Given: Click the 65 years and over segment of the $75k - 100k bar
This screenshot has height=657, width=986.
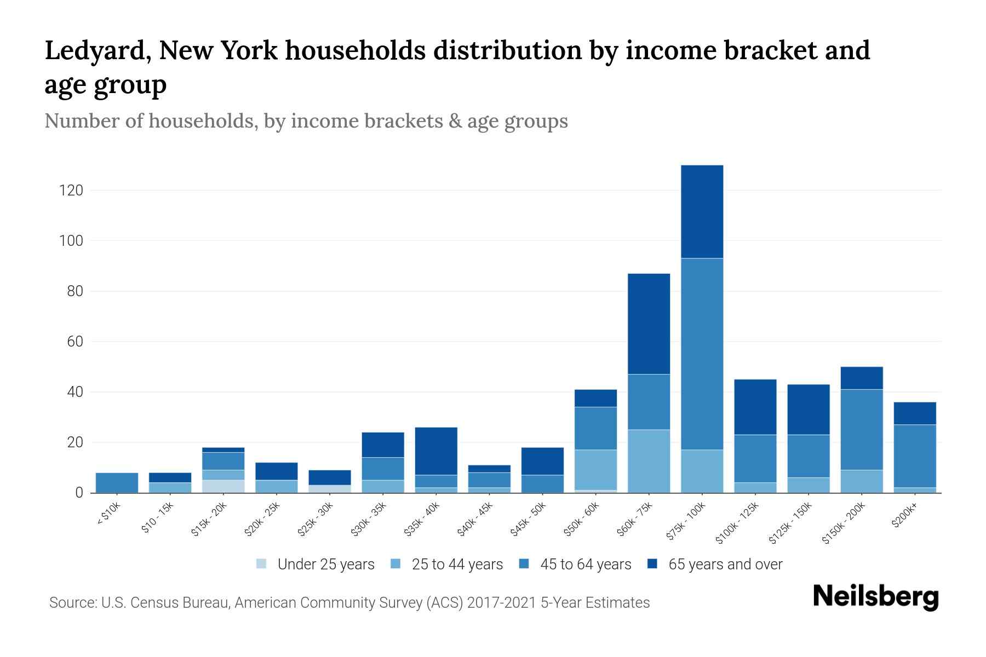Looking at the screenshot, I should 702,211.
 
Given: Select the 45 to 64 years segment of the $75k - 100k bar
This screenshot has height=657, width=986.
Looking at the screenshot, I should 702,354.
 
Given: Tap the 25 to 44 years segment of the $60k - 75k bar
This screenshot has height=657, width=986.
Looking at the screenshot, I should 649,461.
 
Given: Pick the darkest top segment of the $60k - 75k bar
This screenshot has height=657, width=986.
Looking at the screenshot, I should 649,324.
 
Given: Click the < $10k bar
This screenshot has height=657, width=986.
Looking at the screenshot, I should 117,482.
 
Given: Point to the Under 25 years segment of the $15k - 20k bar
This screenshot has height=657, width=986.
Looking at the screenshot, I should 223,486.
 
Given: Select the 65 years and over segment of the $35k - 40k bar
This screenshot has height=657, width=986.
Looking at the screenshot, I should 436,451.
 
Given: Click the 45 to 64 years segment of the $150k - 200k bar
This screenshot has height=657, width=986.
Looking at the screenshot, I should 861,429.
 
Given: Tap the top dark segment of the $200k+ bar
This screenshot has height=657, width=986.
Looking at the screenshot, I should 914,413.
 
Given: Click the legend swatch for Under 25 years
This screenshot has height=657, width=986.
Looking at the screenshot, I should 262,564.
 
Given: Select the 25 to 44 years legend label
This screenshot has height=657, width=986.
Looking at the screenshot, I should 457,564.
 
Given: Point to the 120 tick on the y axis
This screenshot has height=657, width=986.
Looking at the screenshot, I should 72,191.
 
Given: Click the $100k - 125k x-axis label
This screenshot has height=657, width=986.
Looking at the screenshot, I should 737,523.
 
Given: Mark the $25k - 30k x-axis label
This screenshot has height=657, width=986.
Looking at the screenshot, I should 316,520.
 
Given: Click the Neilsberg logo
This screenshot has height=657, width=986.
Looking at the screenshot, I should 875,596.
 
